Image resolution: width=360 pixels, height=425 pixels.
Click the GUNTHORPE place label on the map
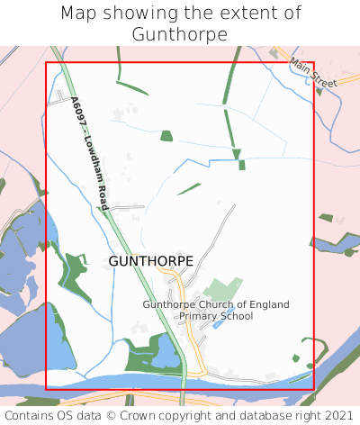[150, 260]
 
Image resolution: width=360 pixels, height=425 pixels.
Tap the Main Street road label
[313, 72]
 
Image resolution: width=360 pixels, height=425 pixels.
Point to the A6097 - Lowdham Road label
[92, 156]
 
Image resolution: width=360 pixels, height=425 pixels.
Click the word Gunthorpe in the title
[179, 33]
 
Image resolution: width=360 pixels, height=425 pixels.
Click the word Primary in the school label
[199, 316]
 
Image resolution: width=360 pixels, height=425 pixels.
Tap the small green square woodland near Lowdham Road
[166, 136]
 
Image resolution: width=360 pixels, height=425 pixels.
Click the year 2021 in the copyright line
[337, 416]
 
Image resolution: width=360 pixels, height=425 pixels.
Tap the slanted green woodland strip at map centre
[189, 189]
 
